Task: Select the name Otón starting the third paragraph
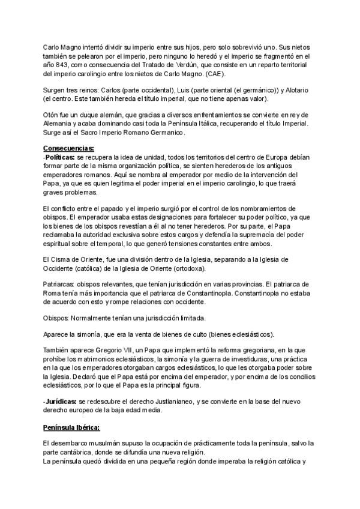point(52,115)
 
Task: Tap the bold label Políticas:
point(61,157)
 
